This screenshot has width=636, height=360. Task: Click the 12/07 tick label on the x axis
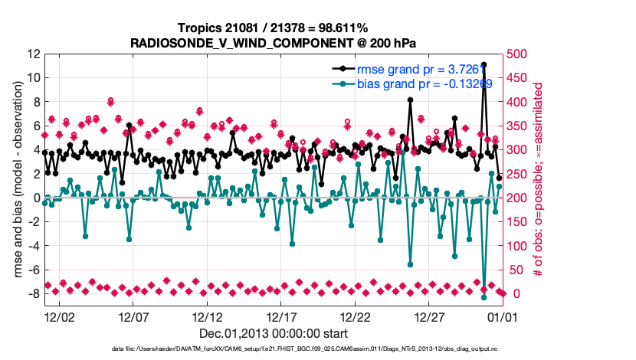click(x=133, y=316)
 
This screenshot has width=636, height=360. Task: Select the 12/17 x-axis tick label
click(x=282, y=316)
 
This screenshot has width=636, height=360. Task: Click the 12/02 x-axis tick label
click(x=59, y=316)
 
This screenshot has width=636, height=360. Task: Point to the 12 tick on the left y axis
click(x=32, y=54)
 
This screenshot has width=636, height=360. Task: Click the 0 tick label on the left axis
click(x=35, y=198)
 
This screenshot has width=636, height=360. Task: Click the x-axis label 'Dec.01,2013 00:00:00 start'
click(x=274, y=333)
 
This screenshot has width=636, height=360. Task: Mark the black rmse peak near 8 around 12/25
click(x=411, y=100)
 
